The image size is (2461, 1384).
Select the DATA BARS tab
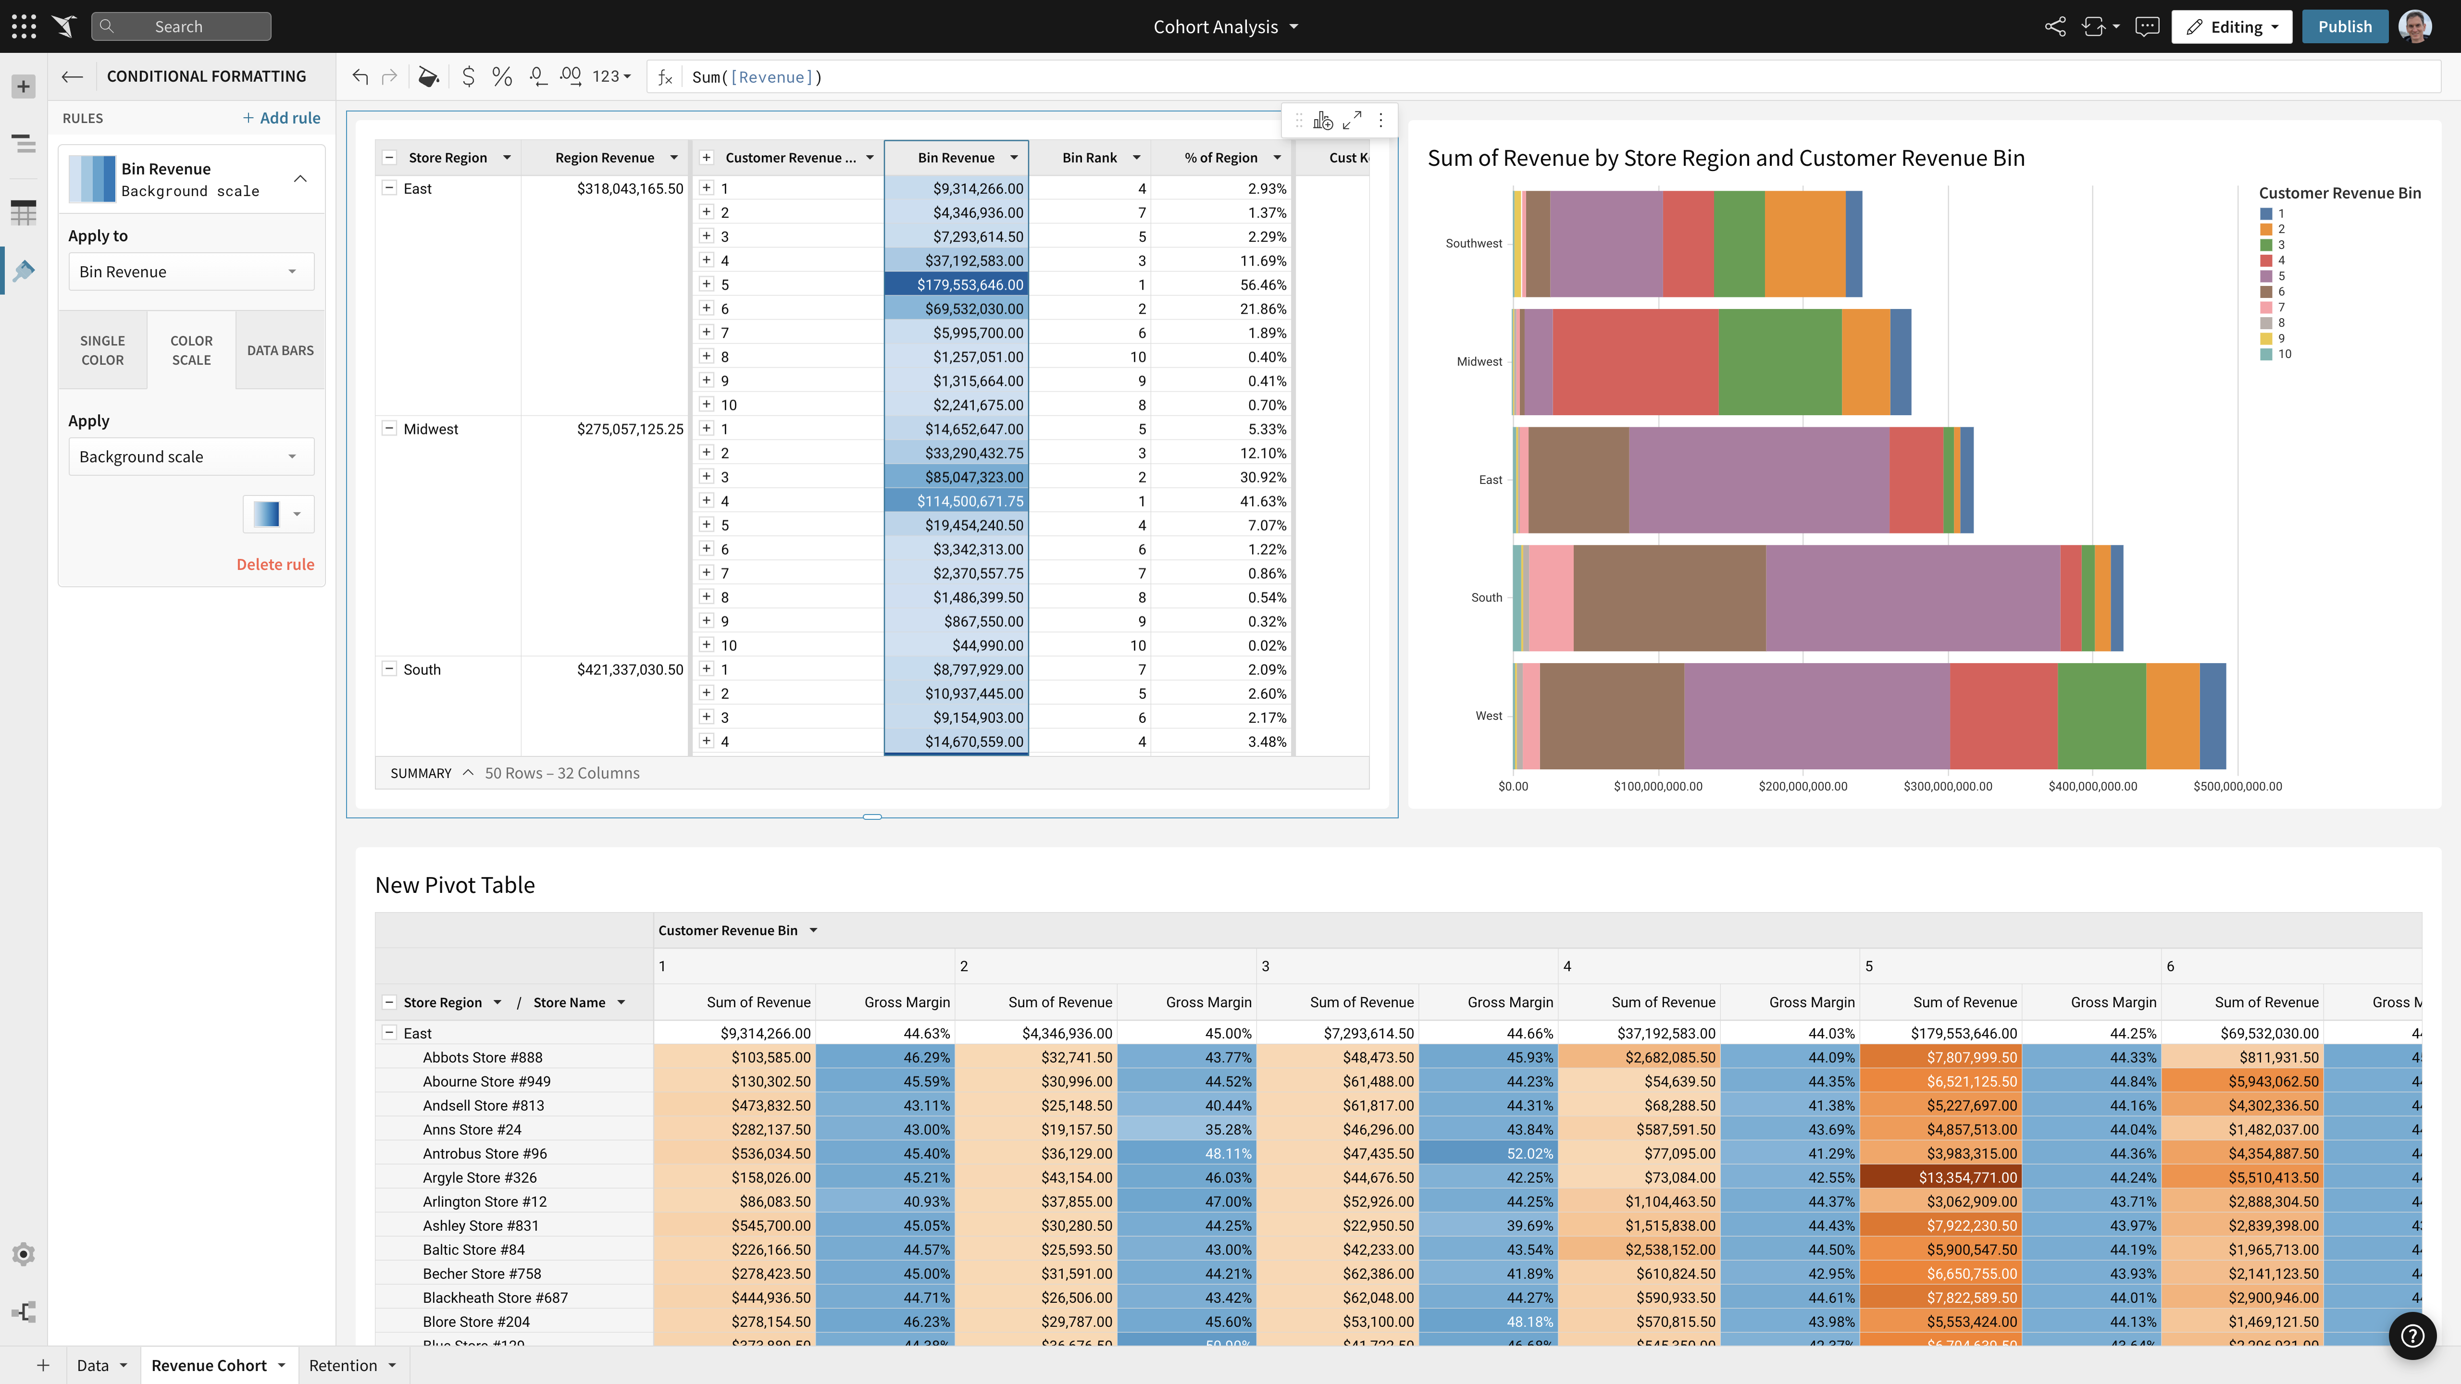pos(280,350)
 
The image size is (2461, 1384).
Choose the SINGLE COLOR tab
pos(102,350)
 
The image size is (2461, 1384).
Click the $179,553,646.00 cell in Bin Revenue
pos(957,284)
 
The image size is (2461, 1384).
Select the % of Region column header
pos(1221,158)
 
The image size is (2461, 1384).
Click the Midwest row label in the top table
pos(431,429)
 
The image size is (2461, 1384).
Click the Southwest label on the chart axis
pos(1473,244)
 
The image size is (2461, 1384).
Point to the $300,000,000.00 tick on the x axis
pos(1948,786)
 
